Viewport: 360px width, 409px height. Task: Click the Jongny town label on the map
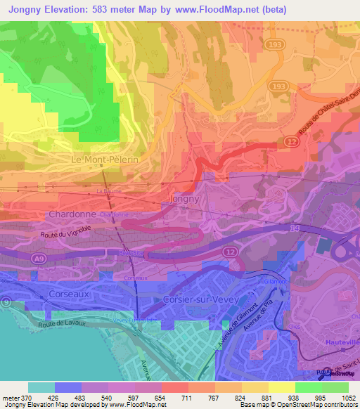(x=186, y=199)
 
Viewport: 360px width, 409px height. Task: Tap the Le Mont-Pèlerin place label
(x=106, y=160)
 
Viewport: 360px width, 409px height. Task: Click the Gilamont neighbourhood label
(x=275, y=282)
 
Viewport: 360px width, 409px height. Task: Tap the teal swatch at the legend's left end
(x=41, y=387)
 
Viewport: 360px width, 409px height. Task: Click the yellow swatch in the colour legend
(x=281, y=387)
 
